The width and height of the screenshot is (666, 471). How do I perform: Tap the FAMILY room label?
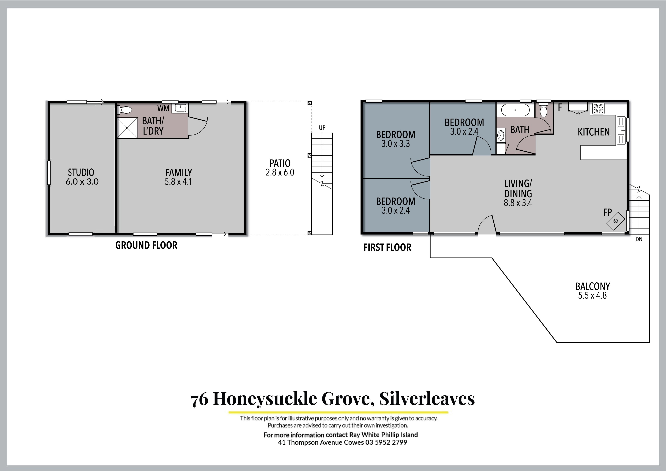pyautogui.click(x=179, y=173)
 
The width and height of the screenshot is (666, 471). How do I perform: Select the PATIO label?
pyautogui.click(x=280, y=163)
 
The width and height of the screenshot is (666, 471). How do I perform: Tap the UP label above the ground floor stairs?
pyautogui.click(x=322, y=128)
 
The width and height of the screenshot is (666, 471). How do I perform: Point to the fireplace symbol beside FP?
pyautogui.click(x=615, y=221)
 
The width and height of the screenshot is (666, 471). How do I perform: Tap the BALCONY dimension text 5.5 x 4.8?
pyautogui.click(x=592, y=296)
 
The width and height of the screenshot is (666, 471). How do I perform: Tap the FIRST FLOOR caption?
pyautogui.click(x=387, y=247)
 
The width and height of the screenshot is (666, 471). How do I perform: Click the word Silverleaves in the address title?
pyautogui.click(x=427, y=399)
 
